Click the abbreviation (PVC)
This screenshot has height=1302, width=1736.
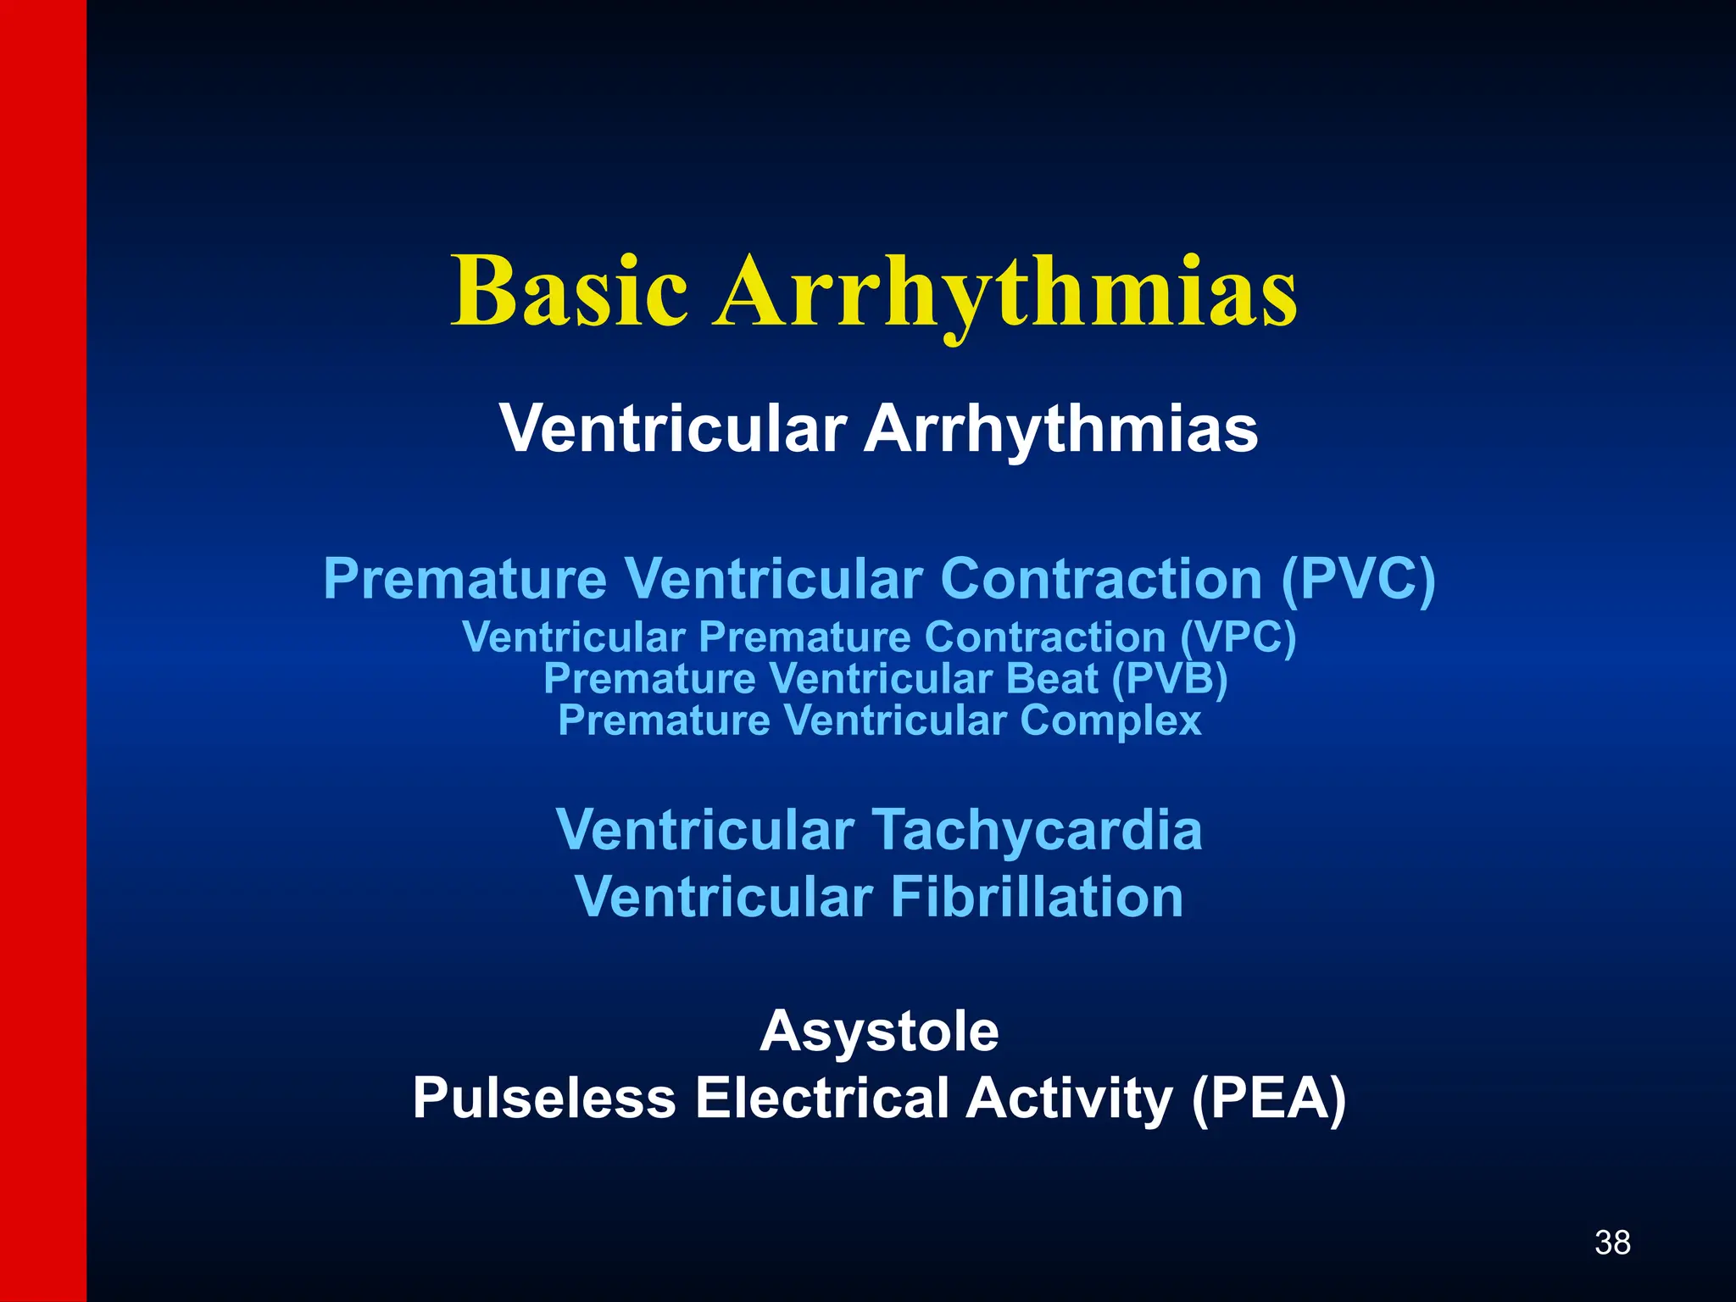1358,580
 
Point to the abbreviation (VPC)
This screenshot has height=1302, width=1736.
1238,637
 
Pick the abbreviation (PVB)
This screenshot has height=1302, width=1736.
1169,679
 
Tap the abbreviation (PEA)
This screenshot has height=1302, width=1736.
1268,1099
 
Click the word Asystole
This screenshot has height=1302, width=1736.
879,1032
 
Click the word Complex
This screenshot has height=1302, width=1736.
1110,721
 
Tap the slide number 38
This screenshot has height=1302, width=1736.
1612,1243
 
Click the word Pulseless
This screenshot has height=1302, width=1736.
544,1099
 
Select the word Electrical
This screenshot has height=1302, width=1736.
821,1099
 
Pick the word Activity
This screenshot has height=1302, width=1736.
1069,1099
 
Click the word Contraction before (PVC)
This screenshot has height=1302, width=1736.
1100,580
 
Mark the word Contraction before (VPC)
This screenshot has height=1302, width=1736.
1044,637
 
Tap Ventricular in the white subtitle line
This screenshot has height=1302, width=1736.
672,429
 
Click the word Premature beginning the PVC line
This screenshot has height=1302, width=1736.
465,580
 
